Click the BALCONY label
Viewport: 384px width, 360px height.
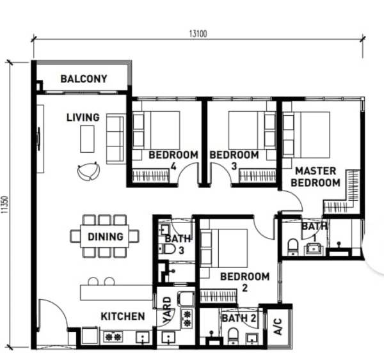point(84,79)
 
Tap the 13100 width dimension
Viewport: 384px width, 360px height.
point(198,33)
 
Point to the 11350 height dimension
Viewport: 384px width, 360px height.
point(4,205)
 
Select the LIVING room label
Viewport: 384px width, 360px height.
point(83,118)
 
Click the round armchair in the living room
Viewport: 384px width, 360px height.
point(88,171)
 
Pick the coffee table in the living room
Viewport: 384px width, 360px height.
point(87,139)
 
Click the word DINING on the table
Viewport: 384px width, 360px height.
point(106,237)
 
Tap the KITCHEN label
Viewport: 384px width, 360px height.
point(123,317)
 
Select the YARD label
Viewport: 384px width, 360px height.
point(167,310)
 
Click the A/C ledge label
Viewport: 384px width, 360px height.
point(278,327)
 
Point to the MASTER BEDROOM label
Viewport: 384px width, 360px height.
point(316,176)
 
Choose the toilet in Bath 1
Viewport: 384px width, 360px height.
point(293,247)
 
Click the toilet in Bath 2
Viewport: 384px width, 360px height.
point(233,336)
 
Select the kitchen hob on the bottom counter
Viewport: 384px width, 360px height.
point(113,337)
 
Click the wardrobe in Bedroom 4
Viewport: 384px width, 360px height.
point(150,175)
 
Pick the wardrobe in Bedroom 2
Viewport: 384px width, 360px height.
point(218,296)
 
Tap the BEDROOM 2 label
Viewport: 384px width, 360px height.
point(244,282)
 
